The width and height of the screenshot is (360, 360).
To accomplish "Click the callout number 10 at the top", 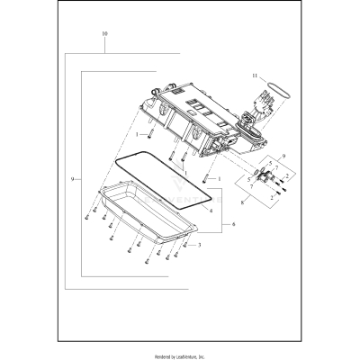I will coord(105,33).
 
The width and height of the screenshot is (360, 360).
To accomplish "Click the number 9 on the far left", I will coord(71,180).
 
